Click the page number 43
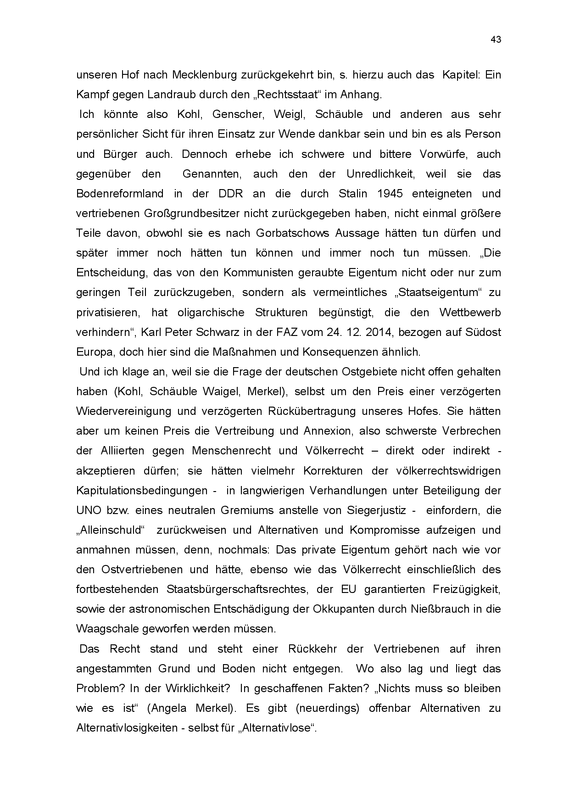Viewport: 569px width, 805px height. click(496, 39)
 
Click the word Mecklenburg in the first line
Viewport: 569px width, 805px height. click(205, 75)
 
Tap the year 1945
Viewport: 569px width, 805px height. click(390, 194)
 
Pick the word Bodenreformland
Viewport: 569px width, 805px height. click(120, 194)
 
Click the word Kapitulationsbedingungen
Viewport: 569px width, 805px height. click(142, 491)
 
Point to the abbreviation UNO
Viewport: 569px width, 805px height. click(88, 510)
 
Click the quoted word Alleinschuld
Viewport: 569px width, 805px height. click(110, 530)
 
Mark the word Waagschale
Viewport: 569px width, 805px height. click(105, 629)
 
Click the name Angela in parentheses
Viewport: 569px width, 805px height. click(167, 708)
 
